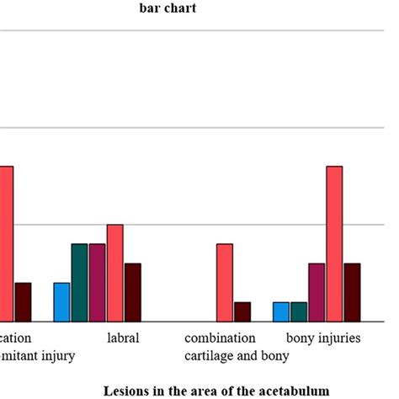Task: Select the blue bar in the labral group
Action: point(61,302)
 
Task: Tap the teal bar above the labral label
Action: point(79,283)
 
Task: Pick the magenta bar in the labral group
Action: point(97,283)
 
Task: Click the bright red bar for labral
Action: point(115,273)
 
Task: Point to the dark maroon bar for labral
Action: point(133,292)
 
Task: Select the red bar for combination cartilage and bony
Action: point(225,283)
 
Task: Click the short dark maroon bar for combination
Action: point(242,311)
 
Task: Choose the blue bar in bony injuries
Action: point(280,311)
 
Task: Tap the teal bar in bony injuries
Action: point(298,311)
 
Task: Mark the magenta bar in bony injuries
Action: point(317,292)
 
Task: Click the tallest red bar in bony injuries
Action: point(334,244)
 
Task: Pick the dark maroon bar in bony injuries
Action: point(352,292)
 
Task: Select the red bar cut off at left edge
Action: point(6,244)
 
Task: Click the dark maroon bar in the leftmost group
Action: point(23,302)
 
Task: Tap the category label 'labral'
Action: point(123,338)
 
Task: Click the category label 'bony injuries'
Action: point(323,338)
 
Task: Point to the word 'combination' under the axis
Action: point(220,338)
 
